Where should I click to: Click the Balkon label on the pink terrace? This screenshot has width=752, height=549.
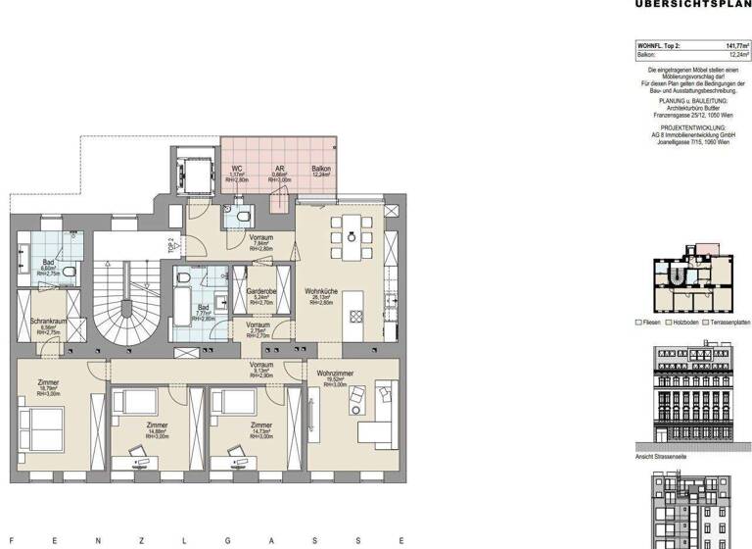click(320, 169)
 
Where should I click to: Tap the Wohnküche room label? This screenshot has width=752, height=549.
click(321, 292)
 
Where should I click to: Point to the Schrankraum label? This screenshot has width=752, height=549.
click(47, 321)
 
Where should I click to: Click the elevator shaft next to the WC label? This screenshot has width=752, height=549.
click(192, 170)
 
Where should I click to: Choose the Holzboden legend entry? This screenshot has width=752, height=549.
click(682, 323)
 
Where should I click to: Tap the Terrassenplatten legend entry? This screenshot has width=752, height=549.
click(726, 323)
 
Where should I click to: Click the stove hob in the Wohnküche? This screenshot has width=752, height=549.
click(357, 316)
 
